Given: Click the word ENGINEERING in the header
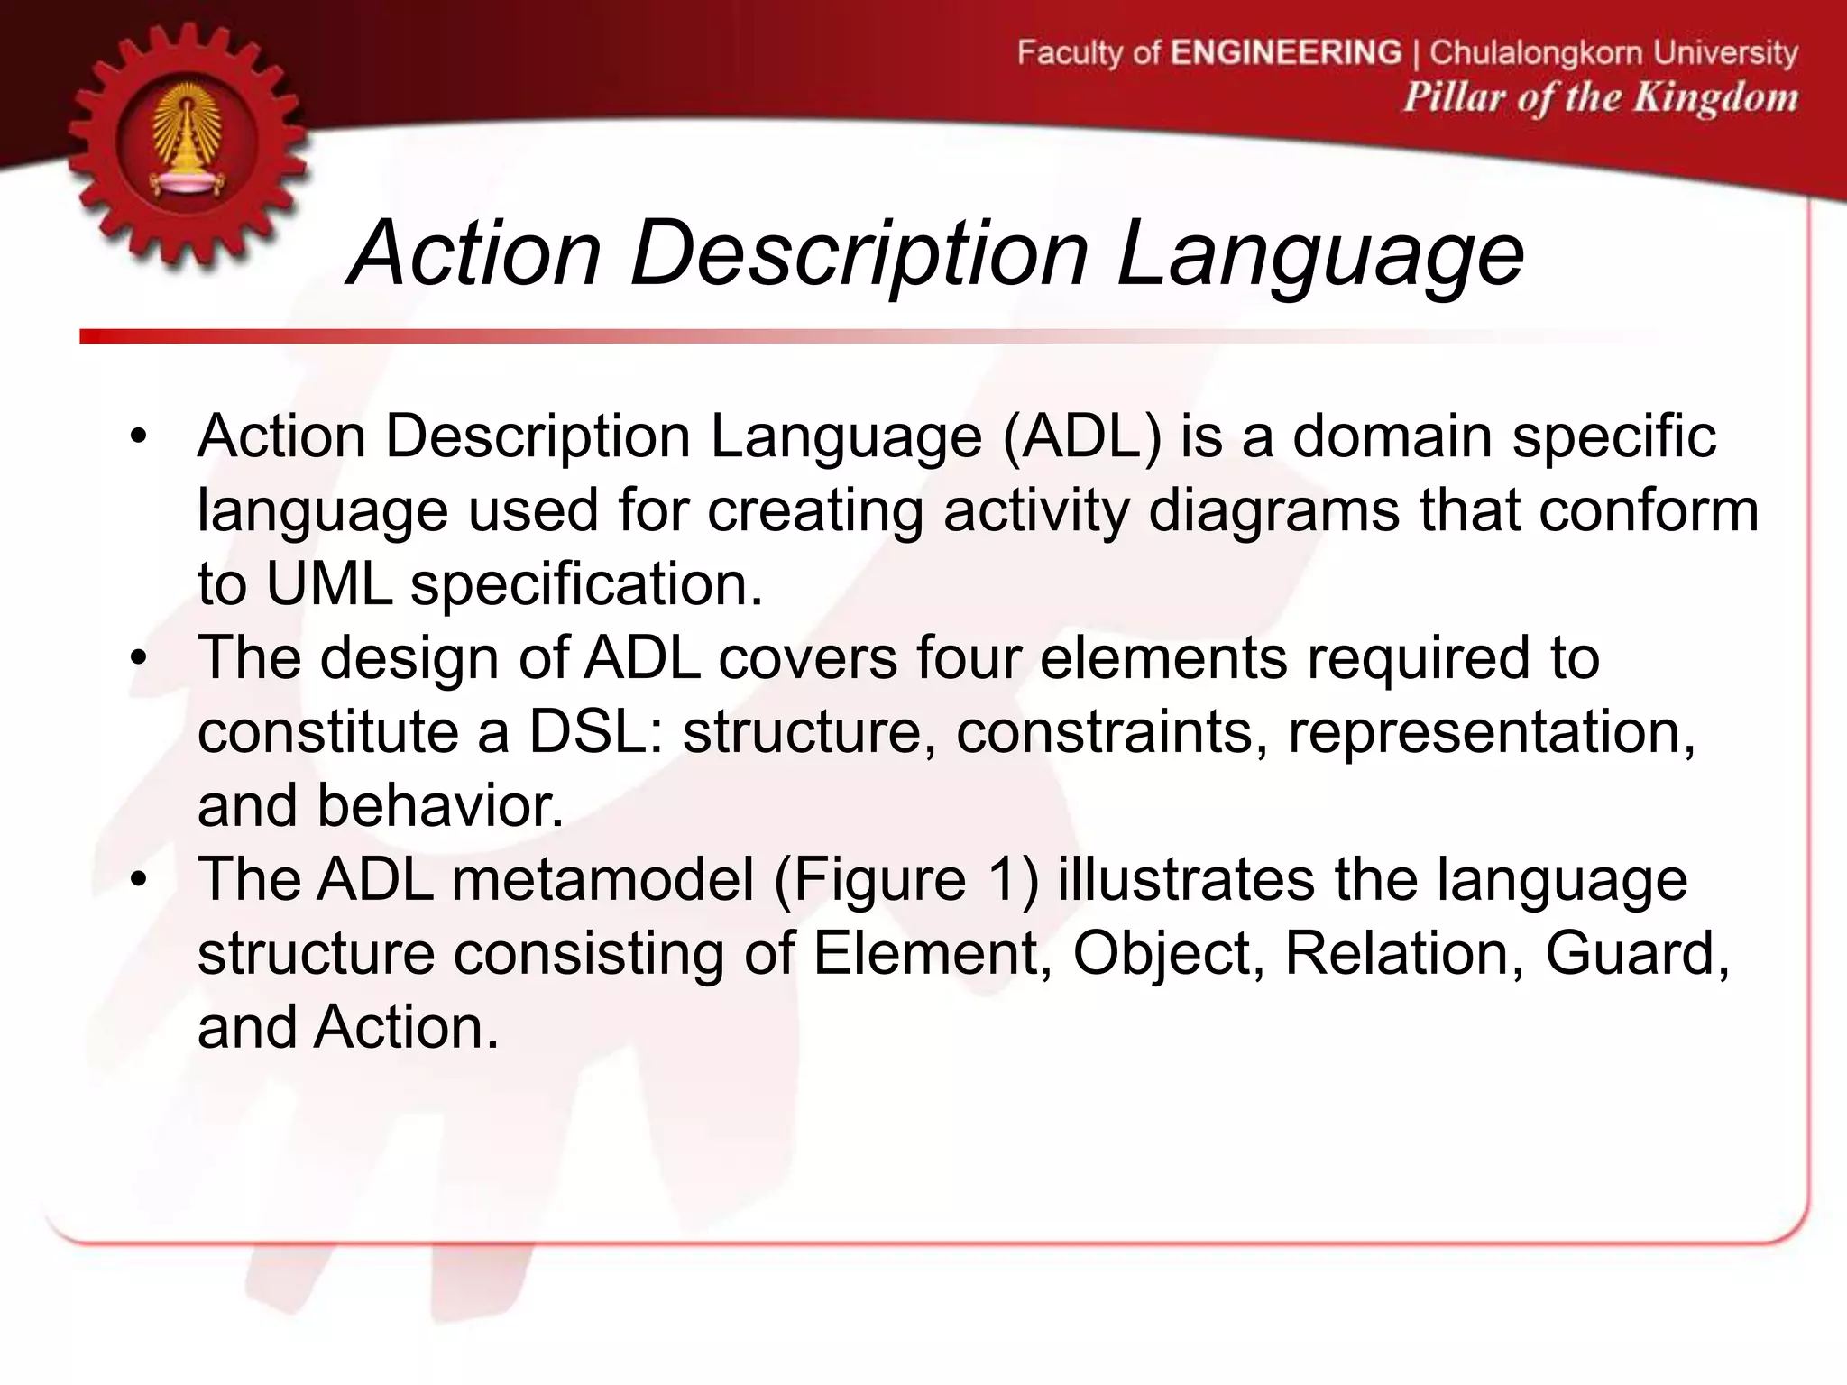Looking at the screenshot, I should (x=1286, y=52).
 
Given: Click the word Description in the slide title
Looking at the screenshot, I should (x=859, y=254).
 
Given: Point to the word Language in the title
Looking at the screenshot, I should (x=1319, y=254).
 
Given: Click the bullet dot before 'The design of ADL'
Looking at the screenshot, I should (x=137, y=658).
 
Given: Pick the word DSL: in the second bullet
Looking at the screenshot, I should (x=595, y=732).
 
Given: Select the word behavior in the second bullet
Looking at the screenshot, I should (x=440, y=806).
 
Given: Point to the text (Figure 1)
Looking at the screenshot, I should (x=905, y=880).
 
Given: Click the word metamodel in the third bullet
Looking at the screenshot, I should (x=602, y=880).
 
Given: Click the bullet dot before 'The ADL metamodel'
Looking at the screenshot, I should (x=137, y=880).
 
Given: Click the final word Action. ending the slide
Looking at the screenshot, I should (x=406, y=1028).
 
